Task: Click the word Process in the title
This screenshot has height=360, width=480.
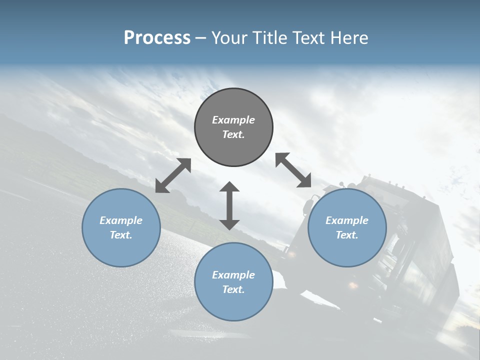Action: coord(157,38)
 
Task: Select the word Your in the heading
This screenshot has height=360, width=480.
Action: coord(229,38)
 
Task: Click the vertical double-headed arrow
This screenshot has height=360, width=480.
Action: coord(229,205)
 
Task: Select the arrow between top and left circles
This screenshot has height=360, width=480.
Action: coord(173,175)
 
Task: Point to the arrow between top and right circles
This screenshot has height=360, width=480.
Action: coord(293,170)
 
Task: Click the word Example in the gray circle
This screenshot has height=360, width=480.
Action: coord(233,120)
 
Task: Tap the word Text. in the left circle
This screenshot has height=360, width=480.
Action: coord(121,235)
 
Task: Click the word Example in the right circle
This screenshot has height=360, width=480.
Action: coord(347,220)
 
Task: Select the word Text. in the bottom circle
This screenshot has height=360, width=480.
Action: coord(233,289)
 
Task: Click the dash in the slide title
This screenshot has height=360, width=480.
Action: coord(200,38)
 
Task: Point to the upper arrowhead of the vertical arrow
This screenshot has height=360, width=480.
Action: coord(229,187)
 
